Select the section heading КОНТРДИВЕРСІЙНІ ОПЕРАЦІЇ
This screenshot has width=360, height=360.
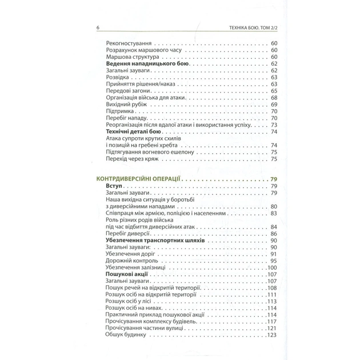[x=139, y=179]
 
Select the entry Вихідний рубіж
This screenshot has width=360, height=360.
[x=126, y=105]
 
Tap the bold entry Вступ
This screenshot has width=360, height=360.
[x=115, y=187]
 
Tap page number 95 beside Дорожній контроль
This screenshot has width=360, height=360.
[x=274, y=261]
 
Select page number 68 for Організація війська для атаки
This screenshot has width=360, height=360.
[x=274, y=98]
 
